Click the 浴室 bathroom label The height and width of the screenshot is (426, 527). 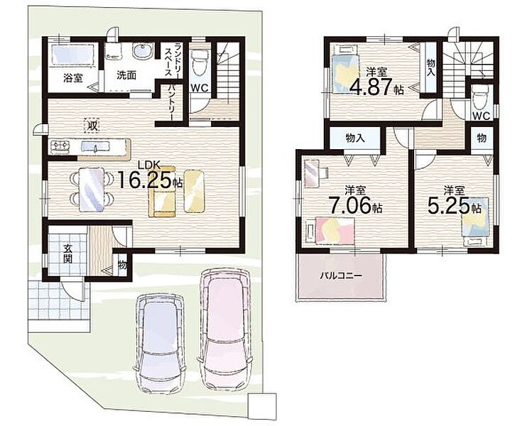(x=73, y=78)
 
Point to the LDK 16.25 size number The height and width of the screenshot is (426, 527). (x=145, y=180)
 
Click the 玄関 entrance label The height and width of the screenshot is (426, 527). (x=69, y=254)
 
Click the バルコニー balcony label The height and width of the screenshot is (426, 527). (x=341, y=275)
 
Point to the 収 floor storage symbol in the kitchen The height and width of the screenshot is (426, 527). (x=92, y=126)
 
